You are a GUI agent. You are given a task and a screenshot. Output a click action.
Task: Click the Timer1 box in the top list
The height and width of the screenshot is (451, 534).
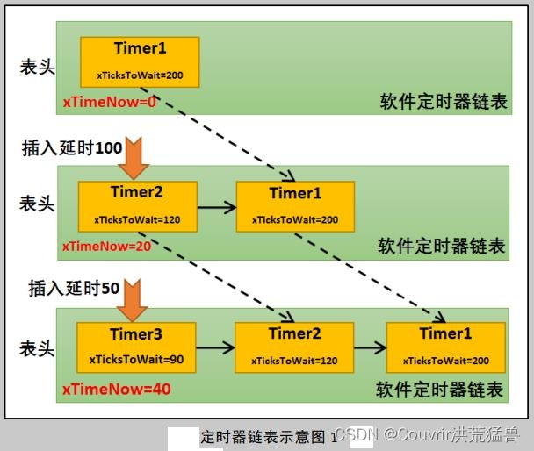click(140, 61)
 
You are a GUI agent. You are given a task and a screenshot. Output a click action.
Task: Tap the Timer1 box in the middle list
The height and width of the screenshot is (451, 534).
click(295, 206)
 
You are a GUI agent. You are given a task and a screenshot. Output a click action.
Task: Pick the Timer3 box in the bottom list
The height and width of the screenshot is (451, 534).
click(136, 347)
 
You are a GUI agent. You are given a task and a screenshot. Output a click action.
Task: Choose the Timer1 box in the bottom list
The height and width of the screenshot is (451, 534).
click(445, 347)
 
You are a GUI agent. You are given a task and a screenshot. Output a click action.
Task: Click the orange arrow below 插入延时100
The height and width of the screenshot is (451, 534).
click(135, 156)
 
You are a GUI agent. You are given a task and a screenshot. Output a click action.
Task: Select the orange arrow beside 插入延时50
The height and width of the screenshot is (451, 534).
click(134, 299)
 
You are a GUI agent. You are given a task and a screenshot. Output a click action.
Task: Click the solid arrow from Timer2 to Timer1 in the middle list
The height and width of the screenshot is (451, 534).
click(216, 207)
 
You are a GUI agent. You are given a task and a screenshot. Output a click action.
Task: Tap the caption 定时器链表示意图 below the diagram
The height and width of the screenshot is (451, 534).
click(263, 436)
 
